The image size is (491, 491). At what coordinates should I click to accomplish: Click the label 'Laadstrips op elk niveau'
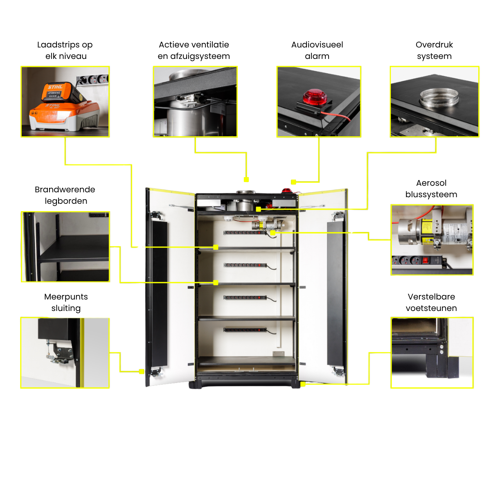65,50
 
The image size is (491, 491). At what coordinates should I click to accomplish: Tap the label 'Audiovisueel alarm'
317,50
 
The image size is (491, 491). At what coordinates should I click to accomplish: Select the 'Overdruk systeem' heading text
434,50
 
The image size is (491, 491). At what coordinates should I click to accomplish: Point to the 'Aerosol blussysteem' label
431,189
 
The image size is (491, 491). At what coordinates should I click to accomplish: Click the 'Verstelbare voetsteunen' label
431,302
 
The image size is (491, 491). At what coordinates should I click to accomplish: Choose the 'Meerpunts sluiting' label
66,302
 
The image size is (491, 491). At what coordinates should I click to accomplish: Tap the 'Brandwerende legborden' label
65,195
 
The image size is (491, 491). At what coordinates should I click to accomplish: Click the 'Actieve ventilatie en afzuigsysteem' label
194,50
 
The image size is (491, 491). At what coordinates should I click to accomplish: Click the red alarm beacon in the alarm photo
315,97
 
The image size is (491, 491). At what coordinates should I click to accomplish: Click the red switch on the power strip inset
425,260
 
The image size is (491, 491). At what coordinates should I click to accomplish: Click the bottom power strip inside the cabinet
245,330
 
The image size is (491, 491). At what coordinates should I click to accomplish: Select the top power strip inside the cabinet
245,232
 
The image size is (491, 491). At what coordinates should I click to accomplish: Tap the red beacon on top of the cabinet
287,191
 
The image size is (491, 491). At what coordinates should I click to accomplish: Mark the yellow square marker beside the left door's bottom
142,372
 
